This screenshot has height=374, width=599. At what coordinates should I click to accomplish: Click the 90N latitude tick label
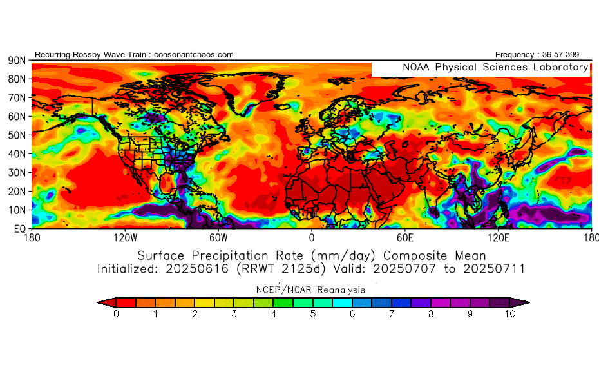pyautogui.click(x=16, y=60)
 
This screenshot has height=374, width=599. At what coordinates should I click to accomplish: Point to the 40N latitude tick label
pyautogui.click(x=16, y=153)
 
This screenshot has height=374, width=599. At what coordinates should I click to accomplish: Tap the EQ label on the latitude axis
pyautogui.click(x=19, y=228)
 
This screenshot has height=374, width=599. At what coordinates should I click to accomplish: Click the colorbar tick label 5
pyautogui.click(x=313, y=314)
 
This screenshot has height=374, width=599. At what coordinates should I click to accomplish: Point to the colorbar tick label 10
pyautogui.click(x=509, y=314)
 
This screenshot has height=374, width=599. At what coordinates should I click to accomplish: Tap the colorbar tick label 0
pyautogui.click(x=116, y=314)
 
